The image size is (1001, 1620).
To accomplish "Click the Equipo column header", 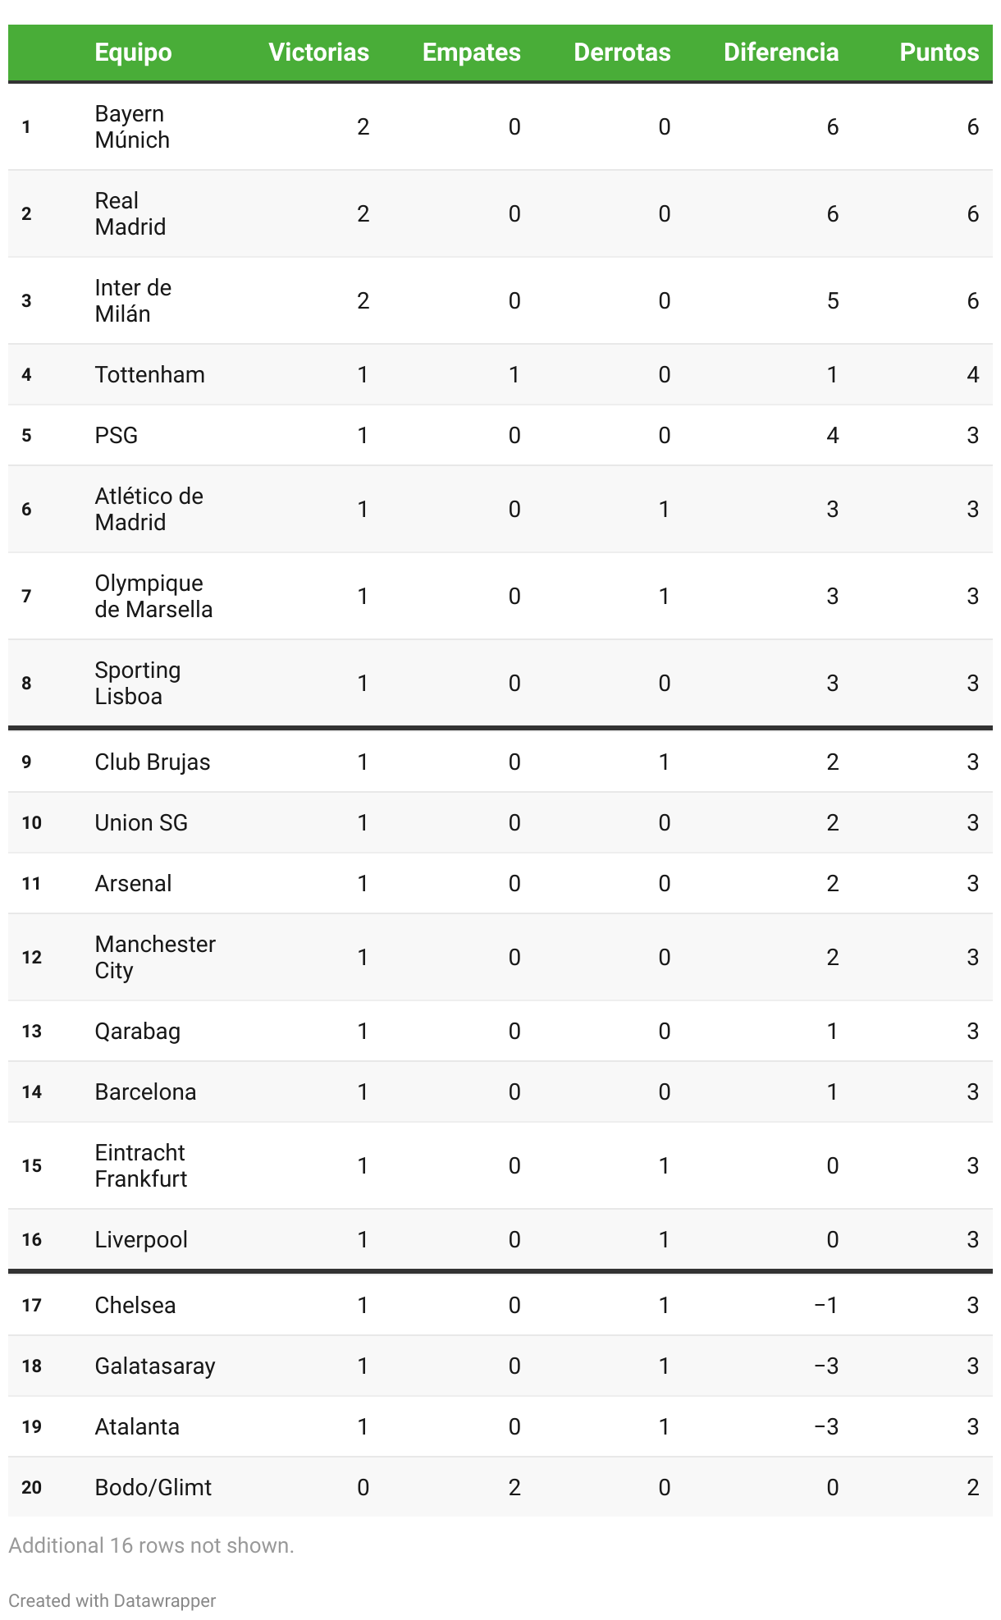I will (133, 53).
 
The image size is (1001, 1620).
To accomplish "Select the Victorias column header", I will (318, 53).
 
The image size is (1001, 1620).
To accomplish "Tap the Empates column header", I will (471, 53).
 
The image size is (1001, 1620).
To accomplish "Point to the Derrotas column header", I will (622, 53).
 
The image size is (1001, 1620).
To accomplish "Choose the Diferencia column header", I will (780, 53).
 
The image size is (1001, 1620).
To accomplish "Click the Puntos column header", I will (939, 53).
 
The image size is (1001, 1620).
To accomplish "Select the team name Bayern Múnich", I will (132, 126).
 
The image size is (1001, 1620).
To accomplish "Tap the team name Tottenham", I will (149, 375).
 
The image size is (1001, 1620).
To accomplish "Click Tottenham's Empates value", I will (514, 375).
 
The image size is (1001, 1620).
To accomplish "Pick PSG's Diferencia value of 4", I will (832, 436).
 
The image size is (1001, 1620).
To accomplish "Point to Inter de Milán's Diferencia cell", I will (832, 301).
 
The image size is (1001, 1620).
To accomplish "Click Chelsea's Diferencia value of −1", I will (825, 1306).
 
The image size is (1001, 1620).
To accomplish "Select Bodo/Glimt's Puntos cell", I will (972, 1488).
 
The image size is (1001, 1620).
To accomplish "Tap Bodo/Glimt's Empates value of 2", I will (514, 1488).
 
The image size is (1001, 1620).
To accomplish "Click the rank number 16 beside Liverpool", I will (31, 1240).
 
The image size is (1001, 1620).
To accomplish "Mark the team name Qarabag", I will (137, 1032).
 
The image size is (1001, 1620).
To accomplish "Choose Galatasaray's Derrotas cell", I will (664, 1366).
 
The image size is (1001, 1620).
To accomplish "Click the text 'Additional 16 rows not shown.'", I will (151, 1546).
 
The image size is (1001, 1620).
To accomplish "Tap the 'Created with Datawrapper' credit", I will (112, 1601).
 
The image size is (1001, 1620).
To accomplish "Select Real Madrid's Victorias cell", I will (363, 214).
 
